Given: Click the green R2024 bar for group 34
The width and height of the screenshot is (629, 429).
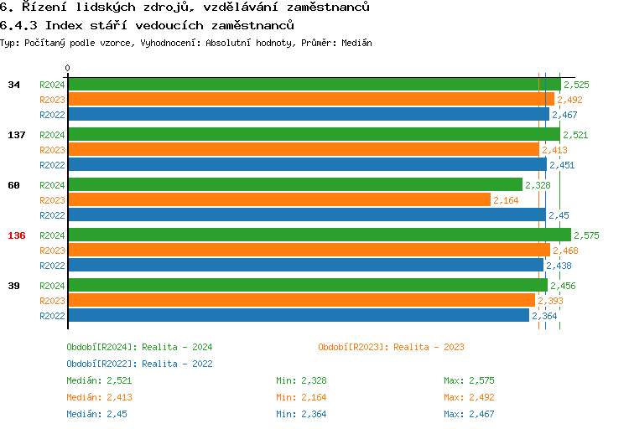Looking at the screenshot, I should pos(314,85).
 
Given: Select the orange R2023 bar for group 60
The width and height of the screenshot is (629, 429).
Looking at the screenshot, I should pos(278,200).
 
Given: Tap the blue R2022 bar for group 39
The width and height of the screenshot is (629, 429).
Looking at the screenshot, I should pos(298,316).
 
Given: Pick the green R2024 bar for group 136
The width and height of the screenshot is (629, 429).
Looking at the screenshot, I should pos(319,235).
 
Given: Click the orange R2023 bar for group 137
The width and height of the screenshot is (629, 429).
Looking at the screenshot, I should pos(303,150).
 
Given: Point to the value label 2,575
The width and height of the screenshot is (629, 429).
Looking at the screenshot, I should pos(587,235).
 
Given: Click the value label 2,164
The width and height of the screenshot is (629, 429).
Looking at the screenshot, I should pos(507,200).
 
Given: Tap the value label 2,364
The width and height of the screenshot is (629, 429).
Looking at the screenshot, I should pos(544,316).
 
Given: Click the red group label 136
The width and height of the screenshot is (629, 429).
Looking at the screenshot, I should pos(17,235).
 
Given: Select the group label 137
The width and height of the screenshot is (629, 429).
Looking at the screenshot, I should pos(17,135).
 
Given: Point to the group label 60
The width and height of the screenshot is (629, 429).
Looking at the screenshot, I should pos(13,185).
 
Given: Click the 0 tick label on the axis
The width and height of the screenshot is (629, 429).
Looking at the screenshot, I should pos(68,69).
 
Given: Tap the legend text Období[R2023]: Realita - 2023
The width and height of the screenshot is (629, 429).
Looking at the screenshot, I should pos(391,347).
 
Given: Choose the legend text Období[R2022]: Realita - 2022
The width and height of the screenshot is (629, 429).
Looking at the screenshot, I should pos(139,364).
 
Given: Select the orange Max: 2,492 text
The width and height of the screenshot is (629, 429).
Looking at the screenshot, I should pos(470,397).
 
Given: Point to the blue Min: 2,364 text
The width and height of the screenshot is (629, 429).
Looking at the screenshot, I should pos(301,414).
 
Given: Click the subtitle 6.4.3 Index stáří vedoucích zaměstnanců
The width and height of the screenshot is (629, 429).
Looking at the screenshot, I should pos(147,25).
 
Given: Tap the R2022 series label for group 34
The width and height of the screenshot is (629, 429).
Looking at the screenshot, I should pos(52,115).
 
